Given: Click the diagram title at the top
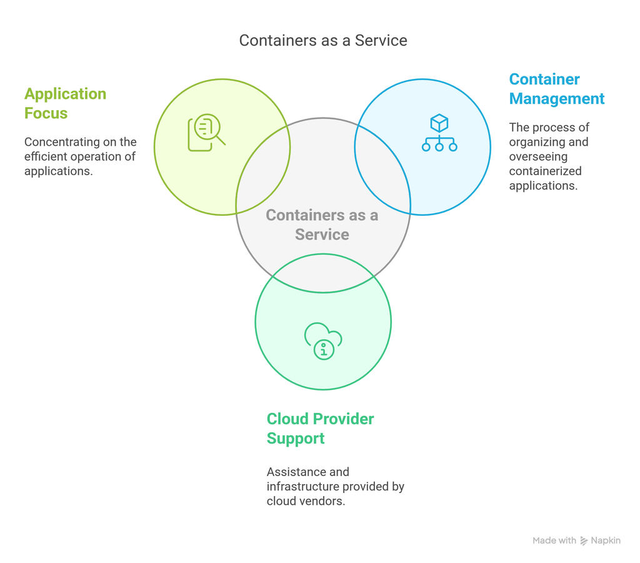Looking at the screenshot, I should point(323,41).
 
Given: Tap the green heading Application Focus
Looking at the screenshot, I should point(65,103).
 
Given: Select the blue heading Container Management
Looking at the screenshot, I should point(556,89).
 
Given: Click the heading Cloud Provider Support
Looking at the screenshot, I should point(320,429).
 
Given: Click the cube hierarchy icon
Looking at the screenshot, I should point(439,133).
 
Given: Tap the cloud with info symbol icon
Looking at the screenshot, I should point(323,341).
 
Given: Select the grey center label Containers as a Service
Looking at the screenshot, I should point(322,225).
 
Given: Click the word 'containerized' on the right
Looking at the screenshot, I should point(545,171).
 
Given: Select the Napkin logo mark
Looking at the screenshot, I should point(584,540).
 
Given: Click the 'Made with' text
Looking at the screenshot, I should point(554,540).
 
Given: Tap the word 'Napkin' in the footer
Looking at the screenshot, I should point(606,540).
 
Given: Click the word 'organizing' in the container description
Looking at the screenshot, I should point(536,142).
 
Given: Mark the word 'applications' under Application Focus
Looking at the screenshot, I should point(58,171).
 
